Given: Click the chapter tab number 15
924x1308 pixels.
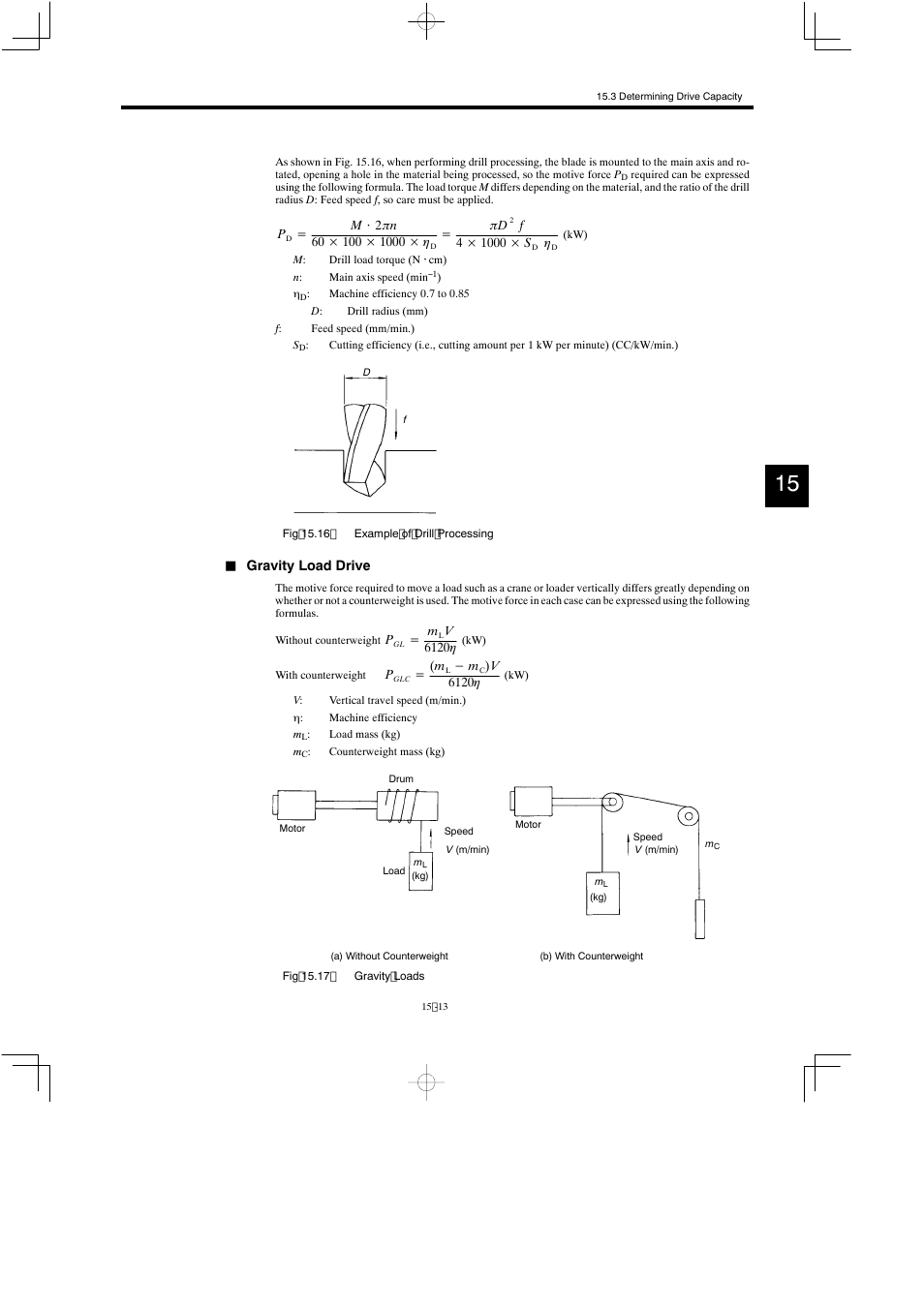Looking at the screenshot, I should (x=786, y=483).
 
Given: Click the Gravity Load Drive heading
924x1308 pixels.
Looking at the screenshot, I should (x=308, y=565).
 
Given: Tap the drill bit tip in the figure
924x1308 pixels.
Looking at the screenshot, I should (x=369, y=491).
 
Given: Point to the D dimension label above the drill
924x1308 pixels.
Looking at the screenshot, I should (x=366, y=373).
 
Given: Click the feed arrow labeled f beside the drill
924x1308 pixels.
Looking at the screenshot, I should (x=397, y=423).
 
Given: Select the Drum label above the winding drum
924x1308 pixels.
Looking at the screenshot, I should (x=401, y=778).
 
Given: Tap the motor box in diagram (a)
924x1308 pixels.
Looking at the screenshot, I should (x=295, y=806).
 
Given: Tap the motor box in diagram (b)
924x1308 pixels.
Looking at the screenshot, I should (x=532, y=802).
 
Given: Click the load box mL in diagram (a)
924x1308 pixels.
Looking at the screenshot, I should (x=420, y=870).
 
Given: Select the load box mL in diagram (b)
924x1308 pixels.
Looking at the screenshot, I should (x=602, y=893).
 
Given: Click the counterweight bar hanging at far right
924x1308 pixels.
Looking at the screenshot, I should (x=699, y=918).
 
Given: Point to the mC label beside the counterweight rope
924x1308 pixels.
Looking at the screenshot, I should (x=712, y=845).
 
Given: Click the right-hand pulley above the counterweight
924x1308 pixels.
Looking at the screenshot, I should (x=688, y=815).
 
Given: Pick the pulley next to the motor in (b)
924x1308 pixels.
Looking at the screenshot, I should (x=612, y=802).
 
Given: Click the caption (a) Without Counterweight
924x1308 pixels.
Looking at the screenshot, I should (x=389, y=956).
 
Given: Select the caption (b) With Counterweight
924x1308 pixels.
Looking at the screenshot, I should (x=591, y=956).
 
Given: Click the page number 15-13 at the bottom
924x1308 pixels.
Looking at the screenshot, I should (x=435, y=1007).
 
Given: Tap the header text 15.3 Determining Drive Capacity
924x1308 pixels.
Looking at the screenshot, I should (x=669, y=97).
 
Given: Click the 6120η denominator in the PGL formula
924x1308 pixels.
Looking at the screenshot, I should (x=440, y=648).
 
